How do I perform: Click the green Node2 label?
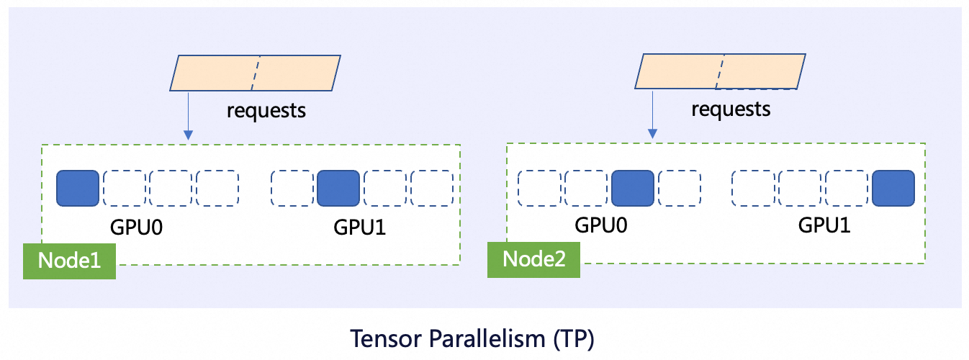point(533,259)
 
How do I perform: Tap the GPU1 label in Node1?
point(360,227)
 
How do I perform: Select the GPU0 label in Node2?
point(601,225)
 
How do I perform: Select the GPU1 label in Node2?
point(824,225)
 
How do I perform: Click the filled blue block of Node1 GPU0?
point(78,188)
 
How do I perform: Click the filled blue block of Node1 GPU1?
point(338,188)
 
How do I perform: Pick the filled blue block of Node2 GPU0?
point(633,188)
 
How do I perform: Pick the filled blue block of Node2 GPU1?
point(893,188)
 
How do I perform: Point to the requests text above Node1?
point(266,111)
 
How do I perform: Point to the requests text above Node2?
point(731,109)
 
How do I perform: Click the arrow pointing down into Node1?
point(188,115)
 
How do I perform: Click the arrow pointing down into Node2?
point(652,114)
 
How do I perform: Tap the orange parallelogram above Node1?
point(256,73)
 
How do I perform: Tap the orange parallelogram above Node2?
point(720,71)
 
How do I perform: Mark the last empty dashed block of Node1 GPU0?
point(217,188)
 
